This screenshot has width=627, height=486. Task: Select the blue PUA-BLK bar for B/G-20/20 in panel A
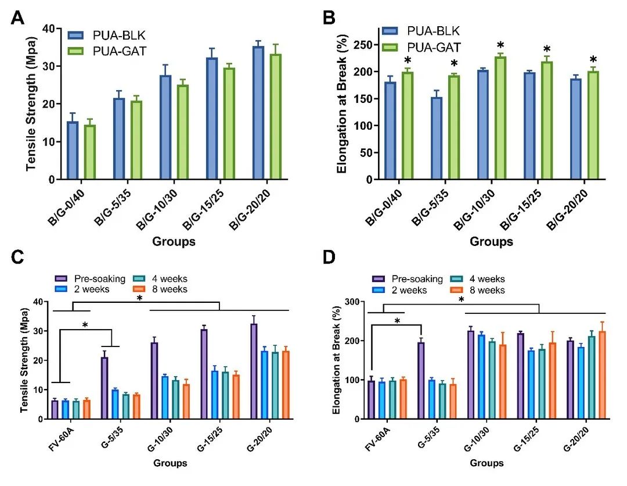click(258, 113)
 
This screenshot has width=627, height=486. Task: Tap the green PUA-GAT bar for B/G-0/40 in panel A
click(90, 152)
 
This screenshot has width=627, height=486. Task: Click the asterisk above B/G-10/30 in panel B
click(500, 46)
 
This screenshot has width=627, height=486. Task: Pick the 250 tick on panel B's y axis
click(364, 45)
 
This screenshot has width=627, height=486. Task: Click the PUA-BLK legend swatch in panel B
click(392, 31)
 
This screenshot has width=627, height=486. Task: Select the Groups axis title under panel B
click(491, 241)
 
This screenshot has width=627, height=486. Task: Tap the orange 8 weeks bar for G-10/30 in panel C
click(186, 402)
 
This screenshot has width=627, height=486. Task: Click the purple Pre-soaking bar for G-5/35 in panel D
click(421, 381)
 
